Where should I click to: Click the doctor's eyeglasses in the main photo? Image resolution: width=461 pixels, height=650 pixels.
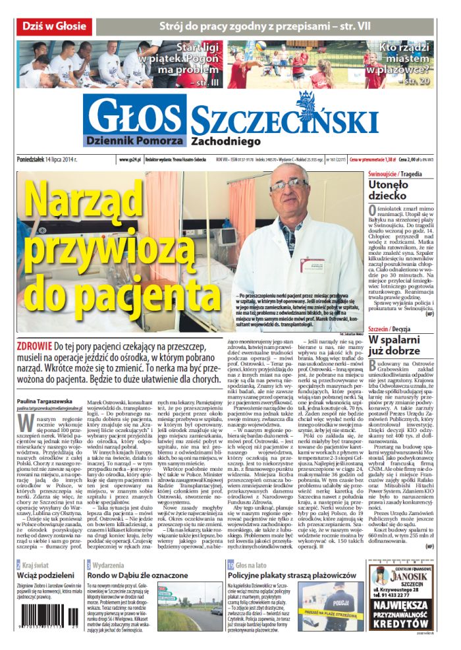288,185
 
